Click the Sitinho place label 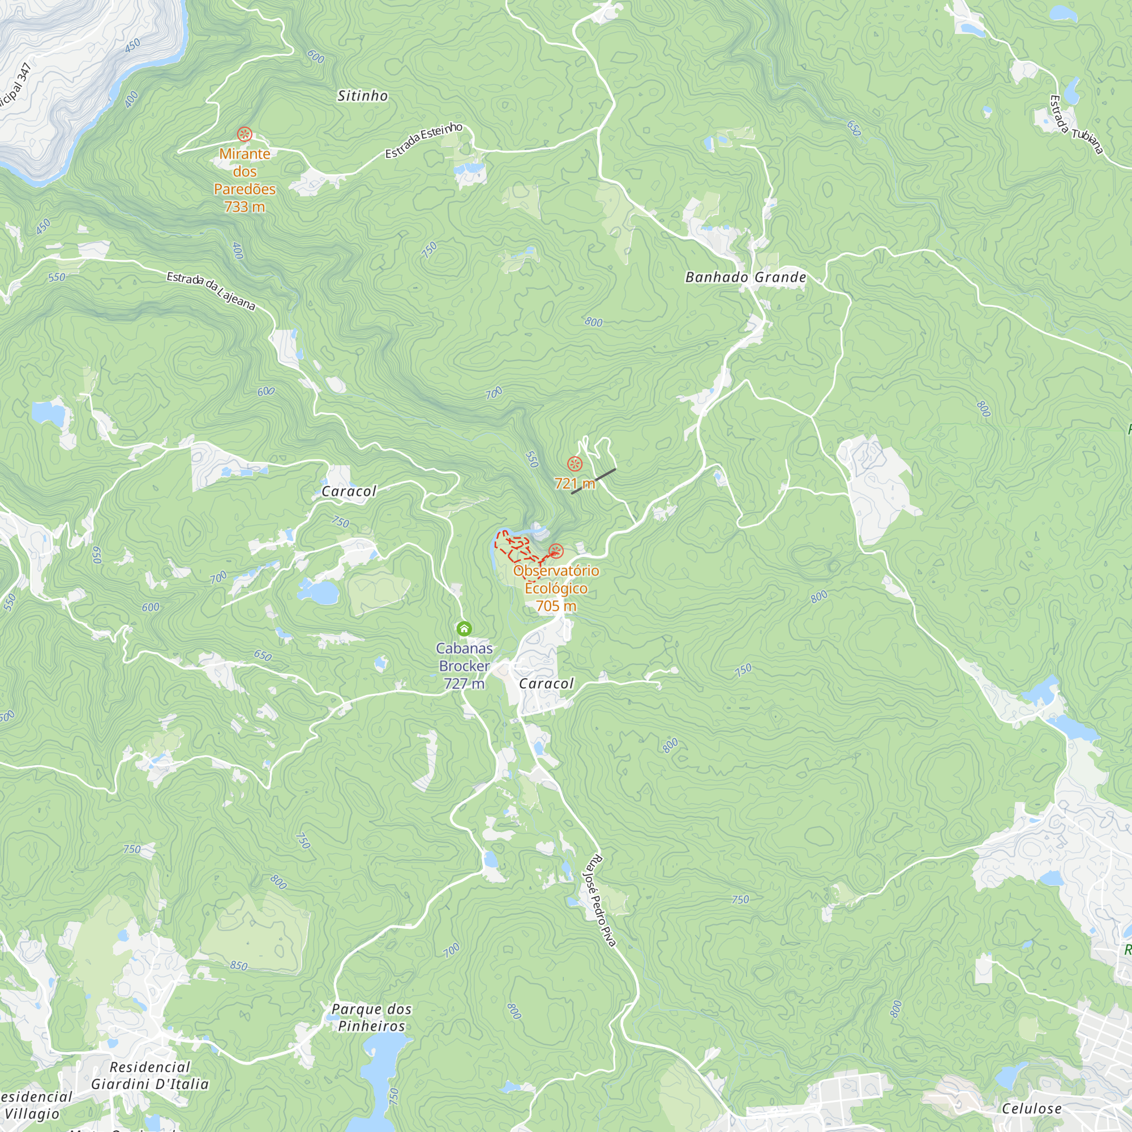(x=363, y=96)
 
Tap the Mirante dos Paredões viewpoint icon (x=245, y=134)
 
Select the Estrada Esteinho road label (x=423, y=140)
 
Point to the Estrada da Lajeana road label (x=211, y=290)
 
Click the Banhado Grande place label (x=746, y=277)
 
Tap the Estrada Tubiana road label (x=1076, y=125)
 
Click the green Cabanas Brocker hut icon (x=464, y=629)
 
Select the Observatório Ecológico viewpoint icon (x=556, y=551)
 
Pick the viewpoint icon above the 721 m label (x=575, y=464)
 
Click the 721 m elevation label (x=574, y=483)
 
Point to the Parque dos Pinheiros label (x=371, y=1017)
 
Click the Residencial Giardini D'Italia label (x=150, y=1075)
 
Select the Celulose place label (x=1031, y=1109)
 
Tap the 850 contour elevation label (x=239, y=965)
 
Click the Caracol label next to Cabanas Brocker (x=546, y=684)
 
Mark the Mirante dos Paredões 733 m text (x=245, y=180)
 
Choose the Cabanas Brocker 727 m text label (x=464, y=666)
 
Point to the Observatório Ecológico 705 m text (x=556, y=588)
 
